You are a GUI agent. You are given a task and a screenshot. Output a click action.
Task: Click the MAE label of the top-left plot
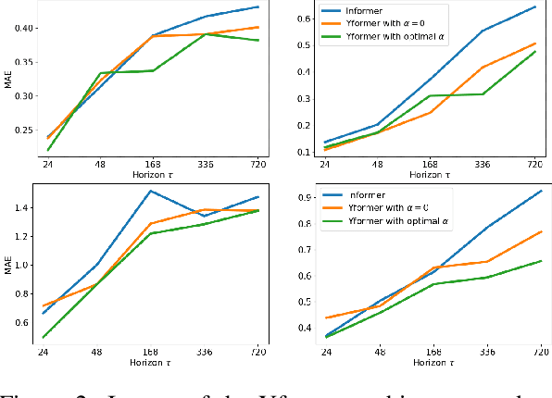click(x=6, y=80)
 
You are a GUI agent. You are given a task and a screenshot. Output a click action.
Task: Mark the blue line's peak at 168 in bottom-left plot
click(x=150, y=192)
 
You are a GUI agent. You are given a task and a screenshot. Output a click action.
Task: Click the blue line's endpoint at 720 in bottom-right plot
click(x=541, y=191)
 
